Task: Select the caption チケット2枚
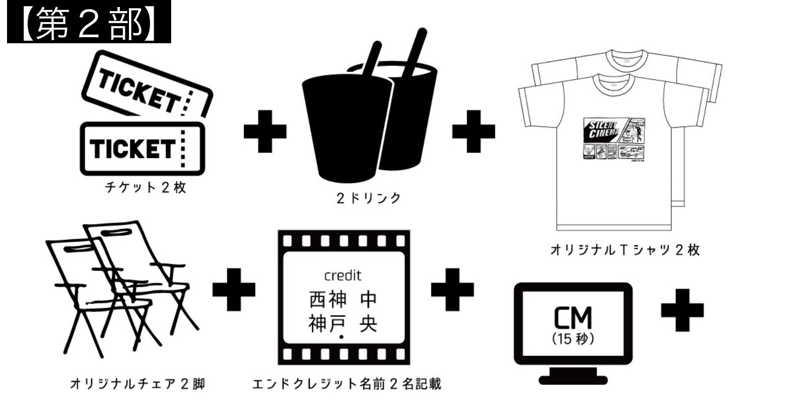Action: [x=146, y=188]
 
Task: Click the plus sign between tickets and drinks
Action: [x=265, y=132]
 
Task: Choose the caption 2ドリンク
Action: [x=369, y=198]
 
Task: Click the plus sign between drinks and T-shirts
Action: [x=473, y=132]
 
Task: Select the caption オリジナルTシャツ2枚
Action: [x=625, y=250]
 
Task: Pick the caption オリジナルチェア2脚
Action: [x=137, y=384]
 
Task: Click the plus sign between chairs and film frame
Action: [x=234, y=290]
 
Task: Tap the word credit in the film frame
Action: [x=343, y=276]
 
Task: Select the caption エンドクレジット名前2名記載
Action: [x=346, y=384]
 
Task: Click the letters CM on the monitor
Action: [x=573, y=318]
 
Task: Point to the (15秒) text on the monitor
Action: [x=573, y=339]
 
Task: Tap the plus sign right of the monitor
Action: [x=682, y=310]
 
